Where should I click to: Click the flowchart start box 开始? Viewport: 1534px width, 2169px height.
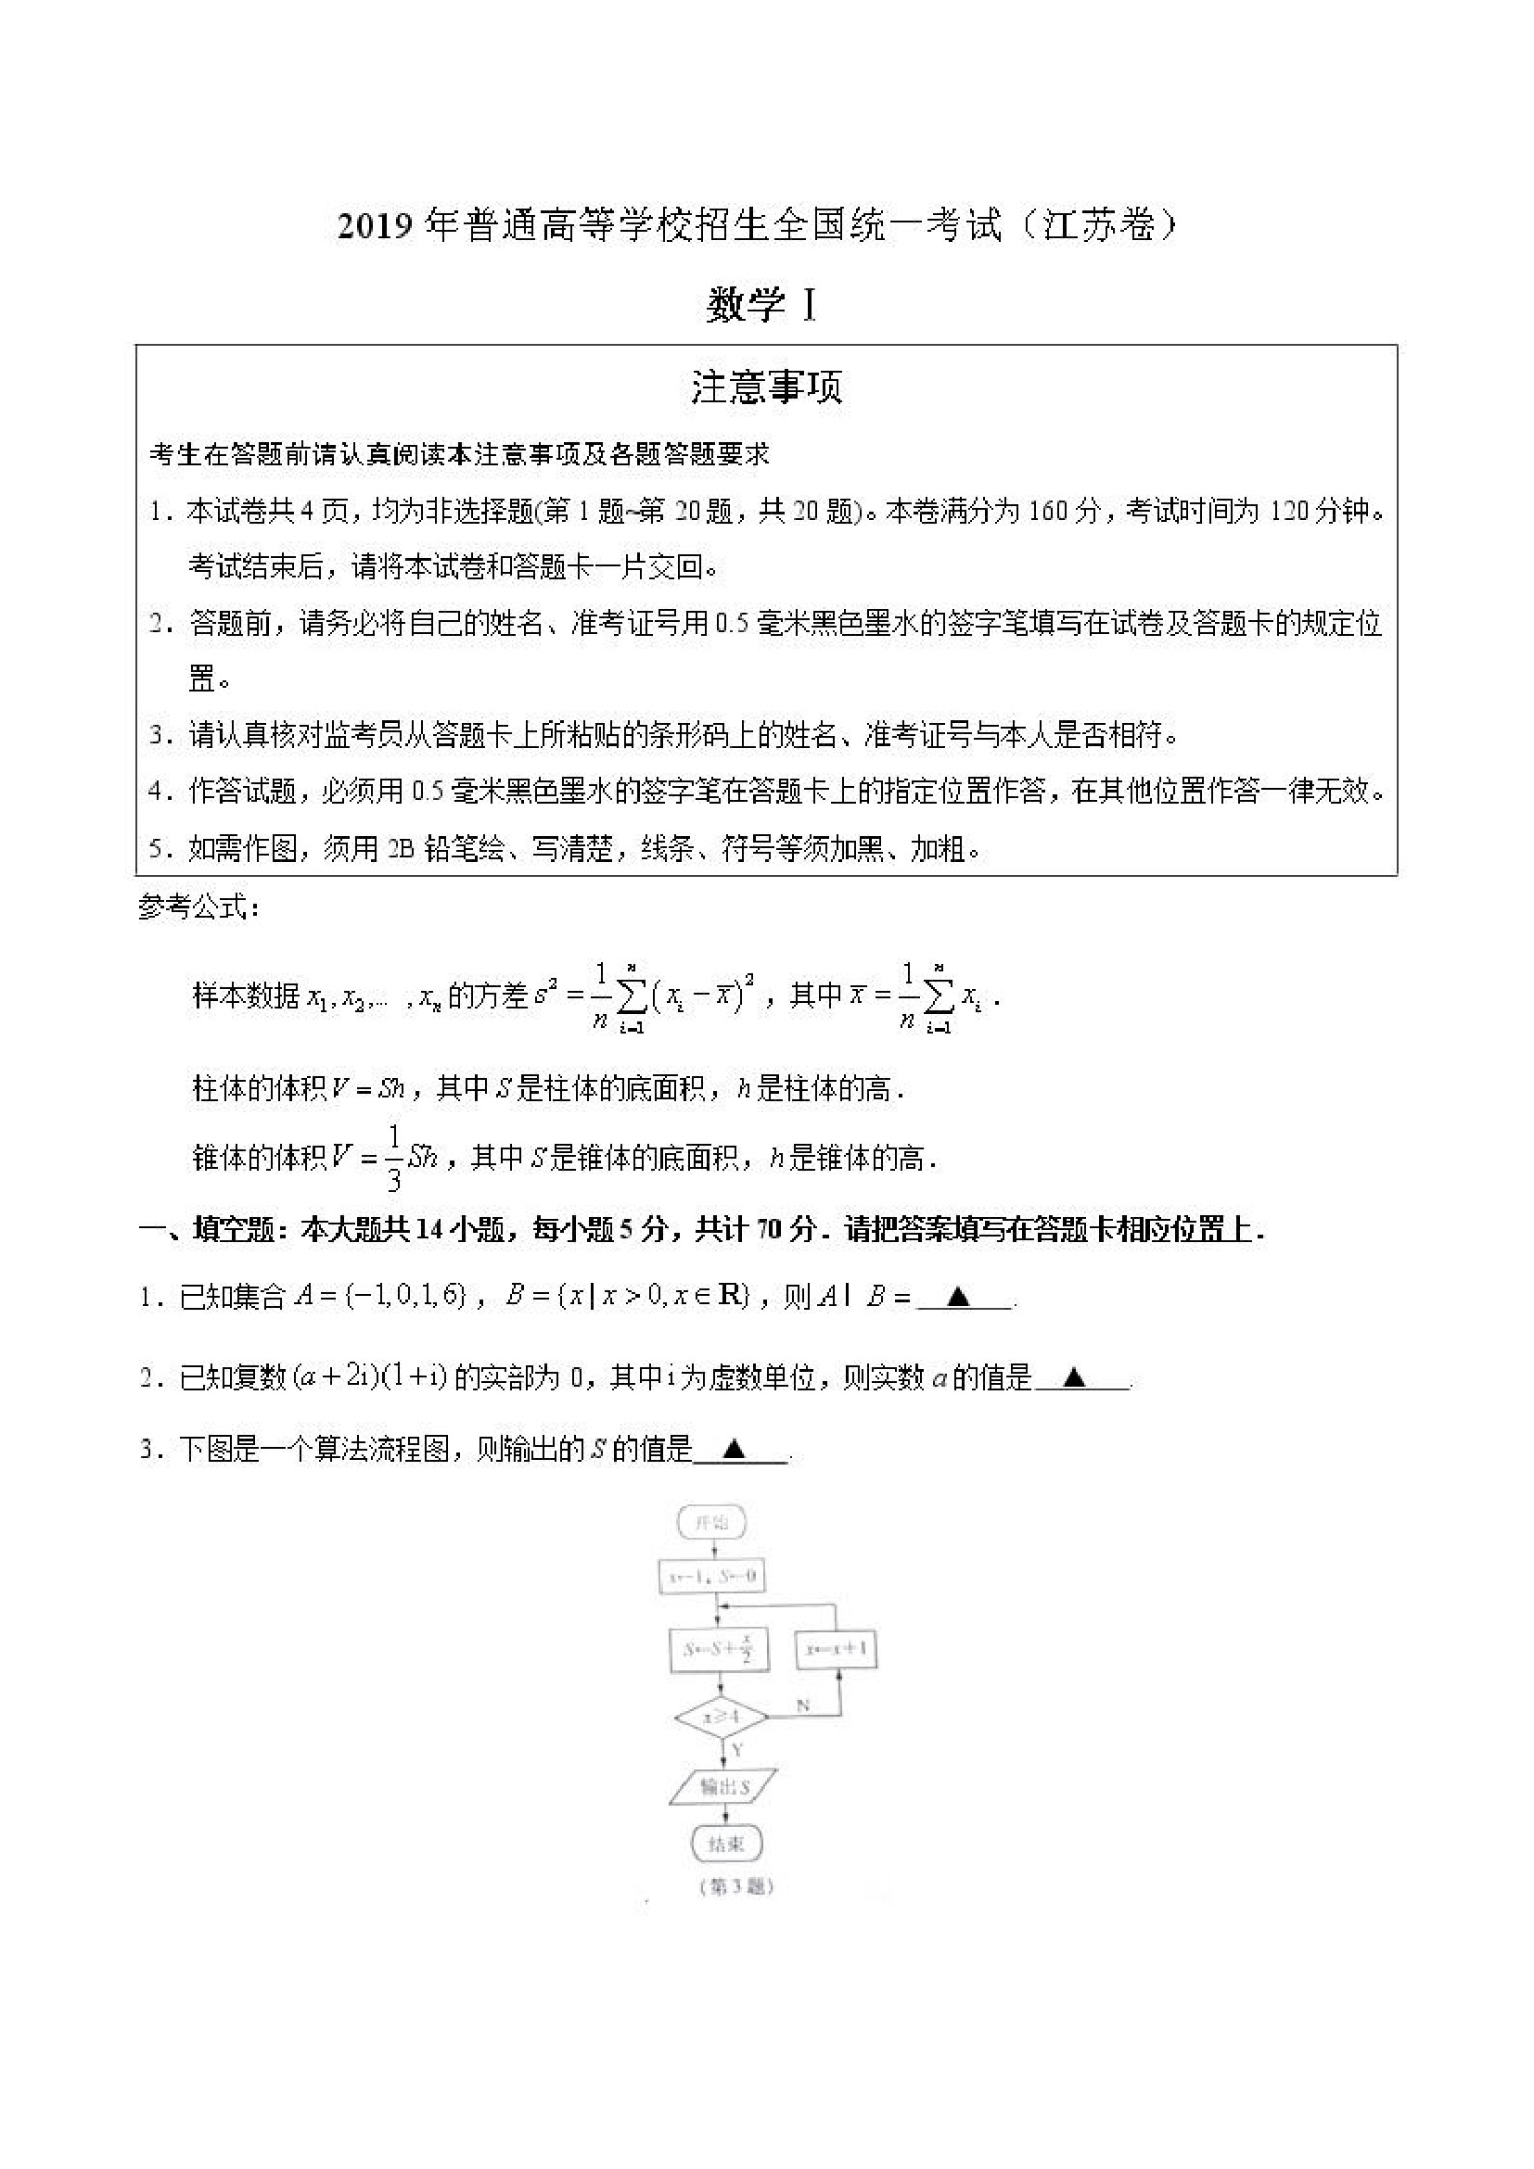(x=711, y=1522)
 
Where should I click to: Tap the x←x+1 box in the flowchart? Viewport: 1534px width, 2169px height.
(x=838, y=1649)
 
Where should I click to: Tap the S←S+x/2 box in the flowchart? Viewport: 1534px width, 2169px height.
(x=720, y=1649)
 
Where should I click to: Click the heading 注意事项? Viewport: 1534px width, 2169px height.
(x=765, y=387)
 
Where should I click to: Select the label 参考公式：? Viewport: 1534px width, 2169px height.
(x=198, y=907)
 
